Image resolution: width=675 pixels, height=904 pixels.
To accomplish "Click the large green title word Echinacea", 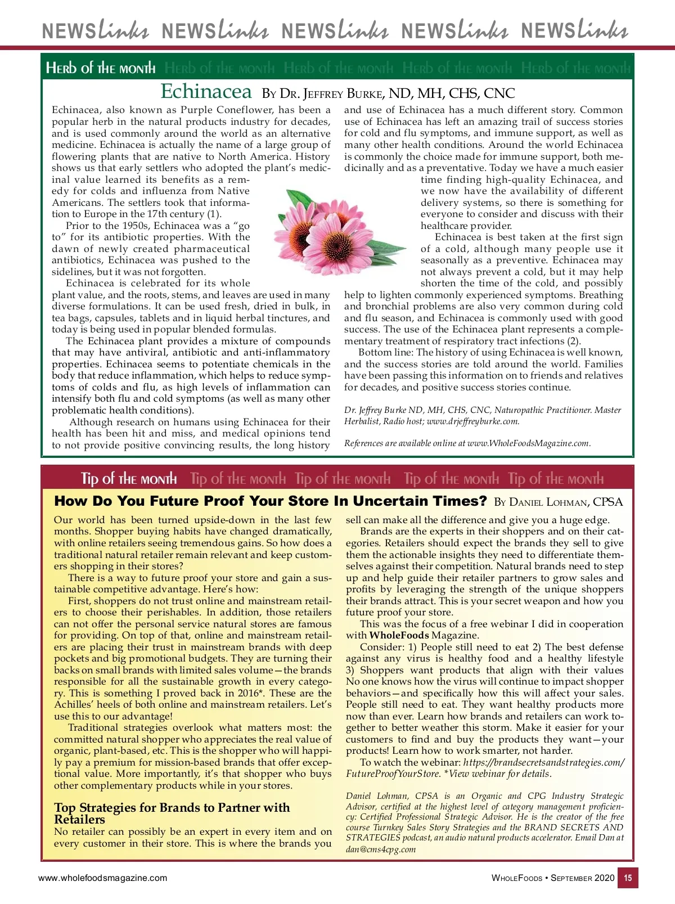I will pos(206,91).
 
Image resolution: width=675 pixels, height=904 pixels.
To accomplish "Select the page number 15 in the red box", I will pos(628,878).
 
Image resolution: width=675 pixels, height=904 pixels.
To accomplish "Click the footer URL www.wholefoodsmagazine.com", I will pos(102,878).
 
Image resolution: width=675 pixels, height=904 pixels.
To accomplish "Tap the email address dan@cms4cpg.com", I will pos(380,849).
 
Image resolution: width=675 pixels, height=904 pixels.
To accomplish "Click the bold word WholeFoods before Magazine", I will pos(399,636).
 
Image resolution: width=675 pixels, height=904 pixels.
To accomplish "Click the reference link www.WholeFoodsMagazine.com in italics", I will pos(528,443).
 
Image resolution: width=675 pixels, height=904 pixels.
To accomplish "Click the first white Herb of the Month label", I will pos(101,69).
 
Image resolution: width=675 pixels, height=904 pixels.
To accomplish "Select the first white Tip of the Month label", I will pos(129,479).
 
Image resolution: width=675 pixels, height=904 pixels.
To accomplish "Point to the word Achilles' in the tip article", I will pos(75,705).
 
